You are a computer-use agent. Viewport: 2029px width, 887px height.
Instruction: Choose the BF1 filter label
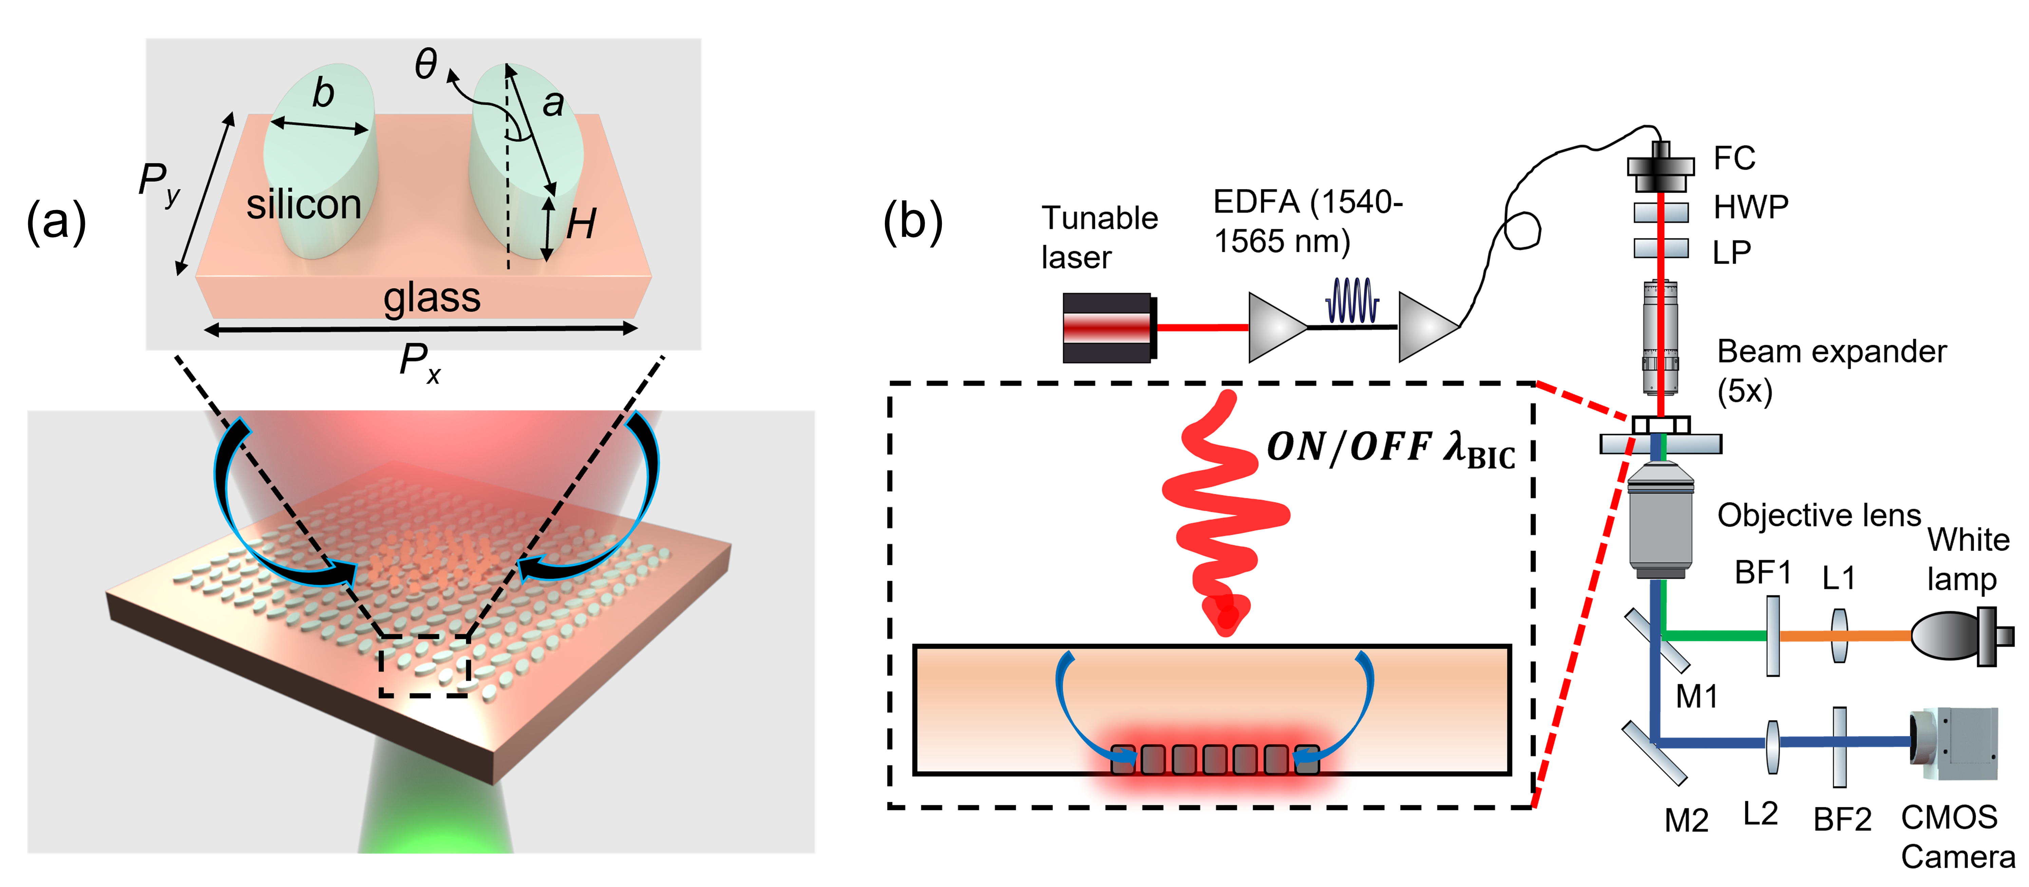tap(1763, 573)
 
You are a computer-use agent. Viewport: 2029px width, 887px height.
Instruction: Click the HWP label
tap(1750, 207)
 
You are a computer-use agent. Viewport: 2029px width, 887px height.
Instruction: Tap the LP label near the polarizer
tap(1731, 252)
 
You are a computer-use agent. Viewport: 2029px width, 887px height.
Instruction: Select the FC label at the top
tap(1734, 158)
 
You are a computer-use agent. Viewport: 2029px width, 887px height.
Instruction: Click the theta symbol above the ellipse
tap(426, 63)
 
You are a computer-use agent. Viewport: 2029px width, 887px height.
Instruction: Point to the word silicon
tap(304, 205)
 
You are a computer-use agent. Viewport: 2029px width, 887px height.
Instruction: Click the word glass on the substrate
tap(432, 298)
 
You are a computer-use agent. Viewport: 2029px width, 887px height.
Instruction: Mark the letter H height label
tap(581, 225)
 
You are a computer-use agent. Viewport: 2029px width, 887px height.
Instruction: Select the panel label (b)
tap(912, 221)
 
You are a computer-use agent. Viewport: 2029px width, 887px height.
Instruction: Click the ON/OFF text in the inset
tap(1348, 447)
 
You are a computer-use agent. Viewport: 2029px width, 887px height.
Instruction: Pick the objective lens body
tap(1661, 524)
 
